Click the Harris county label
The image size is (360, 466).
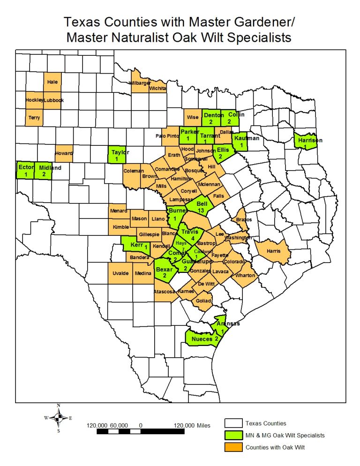(x=273, y=251)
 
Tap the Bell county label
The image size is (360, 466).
(x=202, y=204)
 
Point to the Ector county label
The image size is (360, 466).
(x=25, y=167)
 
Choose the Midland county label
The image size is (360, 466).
(x=50, y=167)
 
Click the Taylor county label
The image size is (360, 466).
(x=120, y=152)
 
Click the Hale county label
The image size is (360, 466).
(x=52, y=82)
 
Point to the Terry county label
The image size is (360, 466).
(x=34, y=118)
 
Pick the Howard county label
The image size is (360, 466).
(x=64, y=153)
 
